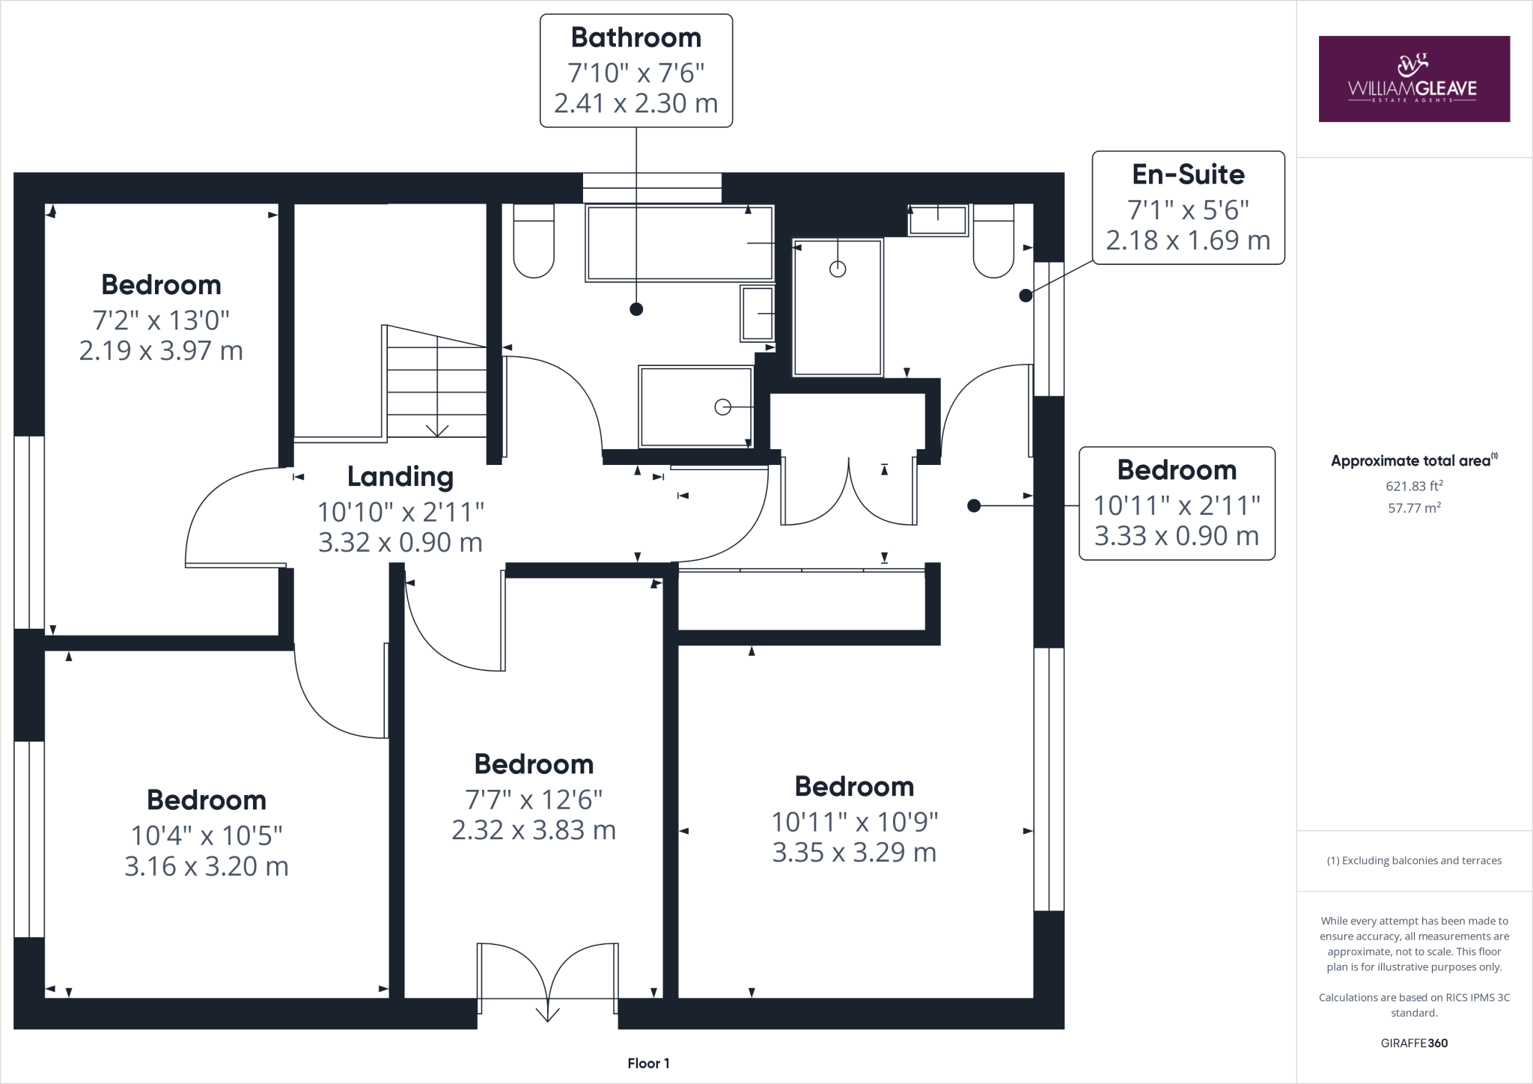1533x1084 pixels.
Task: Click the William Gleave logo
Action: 1413,79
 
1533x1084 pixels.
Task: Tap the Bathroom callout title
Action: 636,37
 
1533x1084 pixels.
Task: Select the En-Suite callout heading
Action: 1188,174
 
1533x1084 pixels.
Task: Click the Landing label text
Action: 400,477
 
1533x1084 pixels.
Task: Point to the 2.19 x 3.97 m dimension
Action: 161,351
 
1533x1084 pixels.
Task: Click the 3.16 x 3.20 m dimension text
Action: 207,866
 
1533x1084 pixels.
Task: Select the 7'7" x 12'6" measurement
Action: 534,800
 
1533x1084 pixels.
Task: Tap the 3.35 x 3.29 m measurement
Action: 854,853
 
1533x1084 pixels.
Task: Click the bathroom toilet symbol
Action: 534,241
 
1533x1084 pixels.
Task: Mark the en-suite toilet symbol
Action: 993,241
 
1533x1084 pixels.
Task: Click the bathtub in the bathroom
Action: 679,244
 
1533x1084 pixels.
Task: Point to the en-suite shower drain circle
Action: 838,269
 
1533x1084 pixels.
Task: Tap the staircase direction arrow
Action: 437,430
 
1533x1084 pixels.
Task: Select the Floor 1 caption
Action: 648,1063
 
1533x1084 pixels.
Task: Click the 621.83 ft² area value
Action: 1414,486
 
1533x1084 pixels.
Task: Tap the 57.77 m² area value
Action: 1414,508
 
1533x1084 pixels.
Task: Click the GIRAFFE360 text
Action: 1414,1043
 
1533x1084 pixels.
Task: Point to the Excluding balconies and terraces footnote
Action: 1414,861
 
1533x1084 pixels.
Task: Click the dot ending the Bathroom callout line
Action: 636,308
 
